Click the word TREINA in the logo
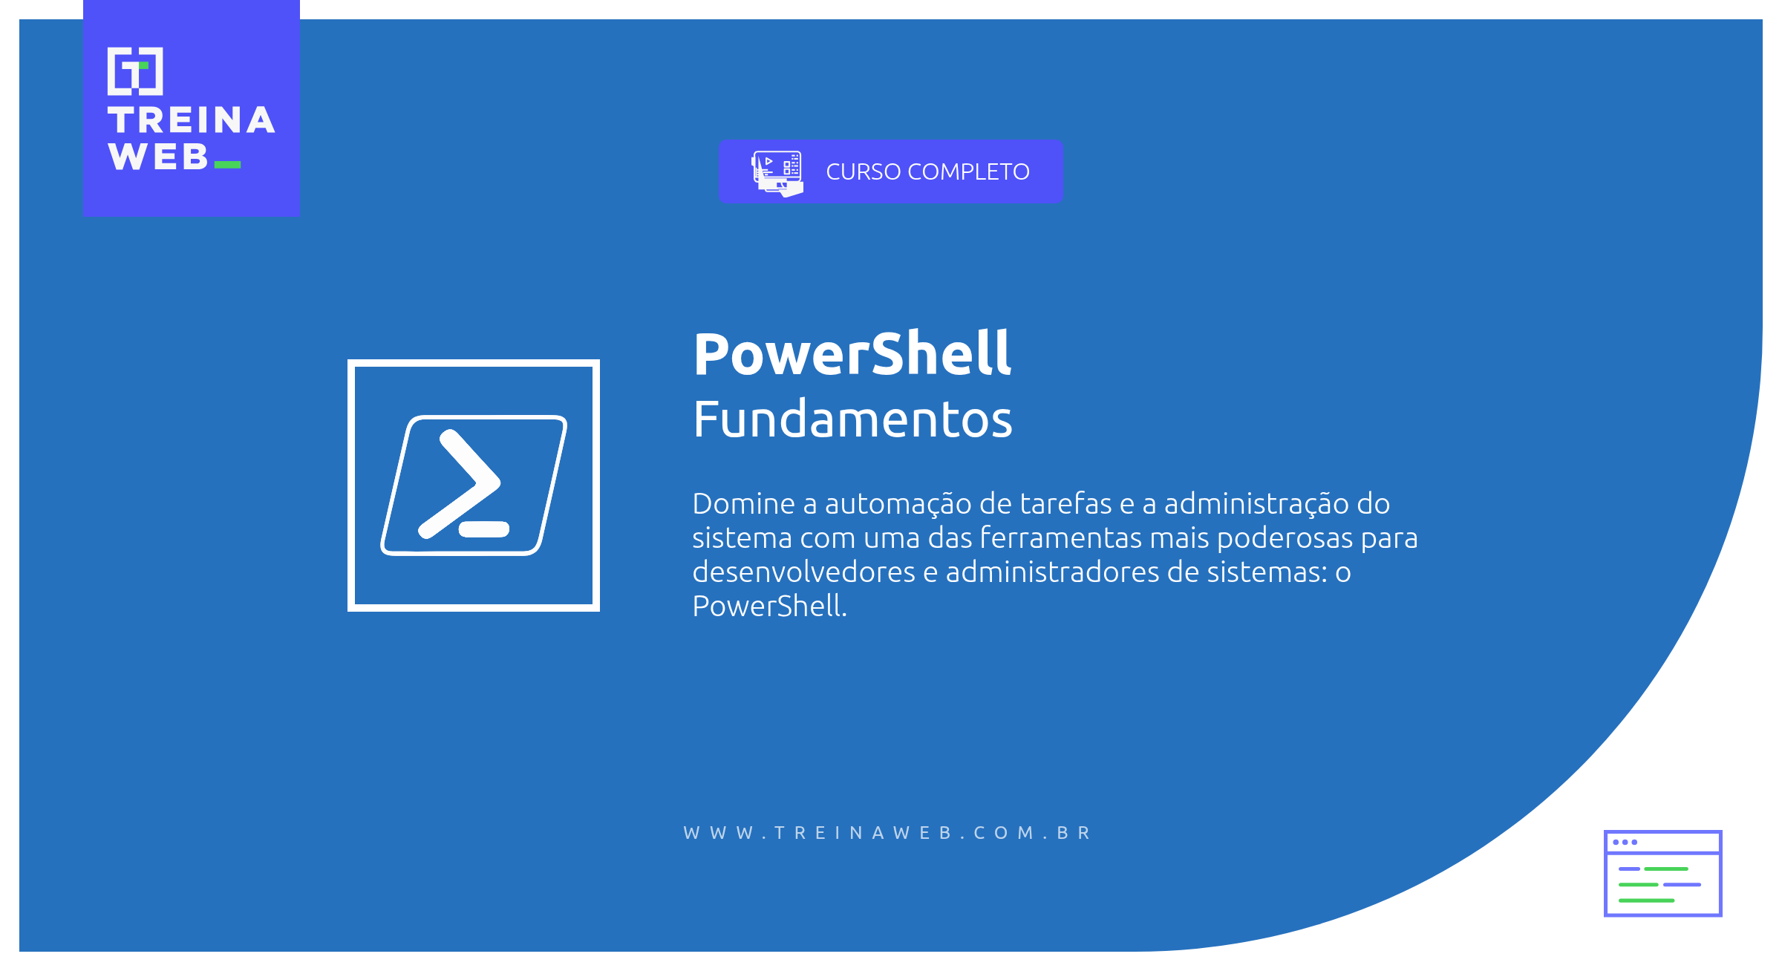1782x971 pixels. click(191, 120)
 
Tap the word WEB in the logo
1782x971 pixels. click(158, 157)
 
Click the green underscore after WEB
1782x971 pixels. click(227, 165)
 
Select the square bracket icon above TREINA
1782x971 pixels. click(135, 71)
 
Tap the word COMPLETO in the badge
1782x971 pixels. click(968, 171)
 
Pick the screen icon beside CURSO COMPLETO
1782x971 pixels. click(777, 173)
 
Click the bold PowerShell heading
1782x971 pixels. click(852, 354)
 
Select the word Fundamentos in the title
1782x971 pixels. click(852, 419)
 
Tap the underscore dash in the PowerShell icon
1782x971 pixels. click(484, 529)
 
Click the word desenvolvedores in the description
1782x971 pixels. click(803, 572)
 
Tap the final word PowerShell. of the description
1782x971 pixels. click(769, 607)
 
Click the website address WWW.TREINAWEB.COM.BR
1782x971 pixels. click(887, 833)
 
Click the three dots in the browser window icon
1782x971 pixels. click(1625, 842)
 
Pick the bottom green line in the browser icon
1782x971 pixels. click(1646, 900)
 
